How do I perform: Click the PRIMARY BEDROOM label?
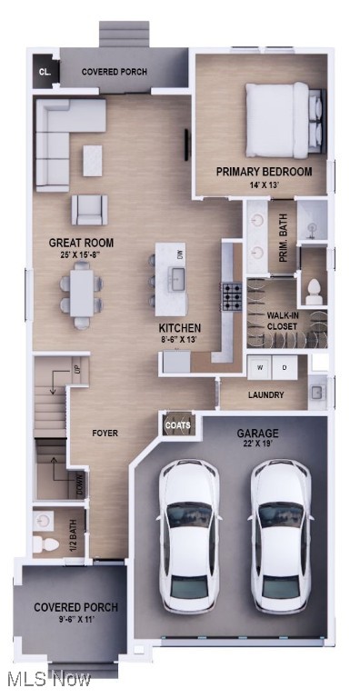click(264, 172)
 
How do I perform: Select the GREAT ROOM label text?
click(81, 243)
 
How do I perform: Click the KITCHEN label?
click(180, 328)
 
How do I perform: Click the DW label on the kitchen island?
click(181, 256)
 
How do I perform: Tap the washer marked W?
click(259, 367)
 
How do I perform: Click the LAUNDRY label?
click(265, 395)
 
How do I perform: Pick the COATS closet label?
click(176, 424)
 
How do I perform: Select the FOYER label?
click(105, 434)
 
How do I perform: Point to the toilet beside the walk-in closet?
click(314, 291)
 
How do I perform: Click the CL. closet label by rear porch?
click(43, 72)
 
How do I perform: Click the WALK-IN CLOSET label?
click(283, 320)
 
